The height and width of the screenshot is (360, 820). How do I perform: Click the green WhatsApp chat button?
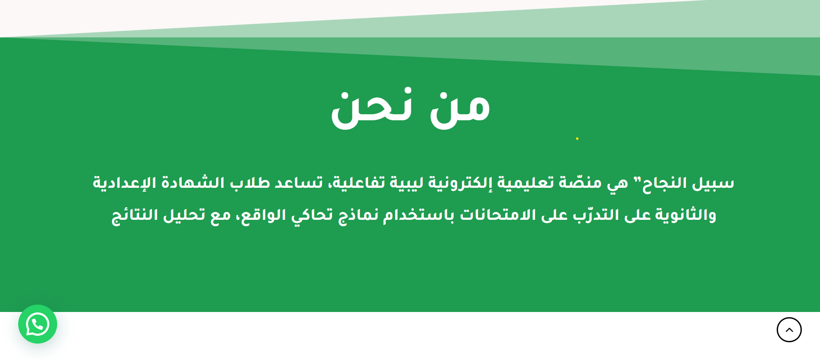38,324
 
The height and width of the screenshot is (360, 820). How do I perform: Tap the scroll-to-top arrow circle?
789,330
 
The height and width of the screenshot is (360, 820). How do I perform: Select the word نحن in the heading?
371,109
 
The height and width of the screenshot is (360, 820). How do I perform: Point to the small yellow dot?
577,138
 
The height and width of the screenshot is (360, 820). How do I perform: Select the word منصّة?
580,183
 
